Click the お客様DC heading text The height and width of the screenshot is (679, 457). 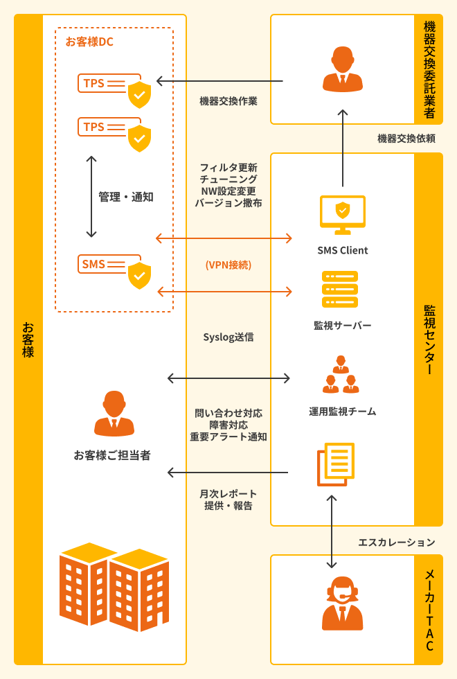coord(89,42)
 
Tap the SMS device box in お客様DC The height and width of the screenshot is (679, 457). coord(109,264)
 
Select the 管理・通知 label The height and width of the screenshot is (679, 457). coord(125,197)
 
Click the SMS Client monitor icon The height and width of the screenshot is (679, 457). coord(342,214)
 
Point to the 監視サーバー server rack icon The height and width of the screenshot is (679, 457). coord(340,289)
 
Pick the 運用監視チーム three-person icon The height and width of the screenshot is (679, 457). coord(341,376)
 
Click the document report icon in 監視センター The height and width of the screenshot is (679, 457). coord(335,464)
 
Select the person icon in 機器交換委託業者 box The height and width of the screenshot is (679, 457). coord(343,69)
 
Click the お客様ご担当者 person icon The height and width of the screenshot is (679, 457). coord(114,414)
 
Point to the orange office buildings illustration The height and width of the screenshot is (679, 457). coord(114,586)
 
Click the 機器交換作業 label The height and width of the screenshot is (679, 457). coord(228,101)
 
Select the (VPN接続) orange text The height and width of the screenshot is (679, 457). coord(228,265)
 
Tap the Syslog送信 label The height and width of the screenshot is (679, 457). coord(228,337)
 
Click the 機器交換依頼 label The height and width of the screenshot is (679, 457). coord(406,139)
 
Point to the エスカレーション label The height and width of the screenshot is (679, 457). coord(396,542)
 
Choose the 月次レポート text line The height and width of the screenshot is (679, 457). coord(228,493)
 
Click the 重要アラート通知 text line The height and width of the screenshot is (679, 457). coord(228,437)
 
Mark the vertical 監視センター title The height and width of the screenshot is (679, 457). coord(429,339)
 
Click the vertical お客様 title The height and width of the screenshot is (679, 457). coord(28,339)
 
